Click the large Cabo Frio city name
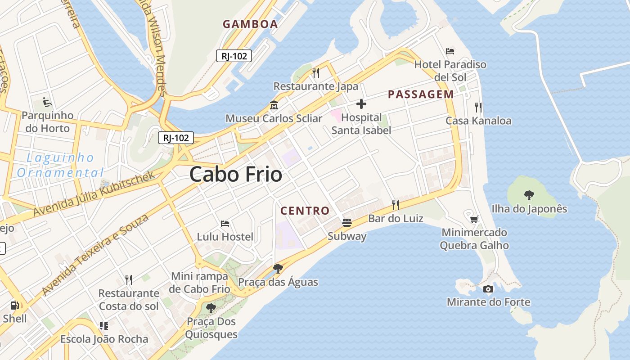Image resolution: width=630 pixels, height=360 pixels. tap(236, 175)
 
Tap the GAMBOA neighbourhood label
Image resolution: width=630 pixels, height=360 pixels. tap(250, 24)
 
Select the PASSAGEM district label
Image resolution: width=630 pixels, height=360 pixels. tap(421, 94)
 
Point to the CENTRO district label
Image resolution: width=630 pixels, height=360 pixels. tap(305, 211)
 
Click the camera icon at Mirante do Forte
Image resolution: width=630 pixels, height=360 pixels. tap(488, 289)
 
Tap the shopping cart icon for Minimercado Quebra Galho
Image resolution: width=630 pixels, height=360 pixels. tap(474, 219)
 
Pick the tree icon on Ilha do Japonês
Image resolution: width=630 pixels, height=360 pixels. tap(529, 195)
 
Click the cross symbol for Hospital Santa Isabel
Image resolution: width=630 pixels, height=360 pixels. tap(361, 104)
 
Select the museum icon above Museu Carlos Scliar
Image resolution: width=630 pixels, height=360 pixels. tap(274, 105)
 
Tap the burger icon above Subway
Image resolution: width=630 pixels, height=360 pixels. tap(346, 222)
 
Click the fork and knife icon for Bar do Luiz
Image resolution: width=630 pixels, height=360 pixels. tap(396, 205)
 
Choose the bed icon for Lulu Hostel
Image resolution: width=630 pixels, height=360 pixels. tap(225, 223)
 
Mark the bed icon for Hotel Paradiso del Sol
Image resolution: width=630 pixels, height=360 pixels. tap(450, 51)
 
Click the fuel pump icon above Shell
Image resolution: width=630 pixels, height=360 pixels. tap(15, 305)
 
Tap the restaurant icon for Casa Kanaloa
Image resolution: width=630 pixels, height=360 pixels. tap(478, 108)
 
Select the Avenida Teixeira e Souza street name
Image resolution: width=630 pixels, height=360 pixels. tap(95, 255)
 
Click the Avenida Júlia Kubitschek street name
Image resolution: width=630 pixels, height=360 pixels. tap(94, 193)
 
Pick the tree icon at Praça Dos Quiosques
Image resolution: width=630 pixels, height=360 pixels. tap(211, 308)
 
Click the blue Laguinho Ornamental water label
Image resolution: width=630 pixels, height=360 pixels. tap(60, 165)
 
